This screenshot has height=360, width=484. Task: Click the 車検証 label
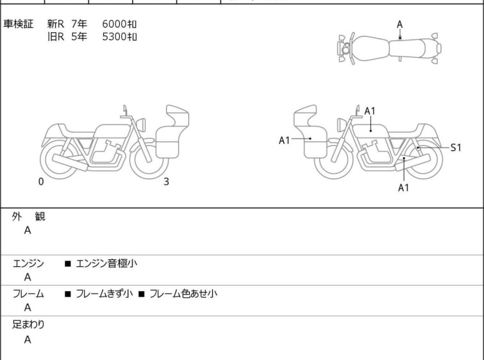18,24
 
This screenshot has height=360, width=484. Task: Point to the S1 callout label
456,148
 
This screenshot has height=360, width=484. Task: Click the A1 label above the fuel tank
370,111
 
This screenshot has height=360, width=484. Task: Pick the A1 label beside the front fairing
284,141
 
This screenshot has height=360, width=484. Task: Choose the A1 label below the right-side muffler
403,187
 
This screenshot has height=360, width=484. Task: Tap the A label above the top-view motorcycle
400,24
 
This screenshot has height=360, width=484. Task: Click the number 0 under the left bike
41,182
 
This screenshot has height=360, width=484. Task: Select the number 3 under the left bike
167,182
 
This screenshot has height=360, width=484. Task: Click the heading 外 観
29,216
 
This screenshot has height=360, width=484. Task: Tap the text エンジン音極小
106,263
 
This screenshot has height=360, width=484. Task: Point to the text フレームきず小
104,293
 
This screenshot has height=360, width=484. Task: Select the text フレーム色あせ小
183,293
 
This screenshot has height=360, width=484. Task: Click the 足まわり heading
28,324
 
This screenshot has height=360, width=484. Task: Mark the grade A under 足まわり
28,339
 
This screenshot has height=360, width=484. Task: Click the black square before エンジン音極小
68,264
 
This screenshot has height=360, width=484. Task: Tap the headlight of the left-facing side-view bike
342,125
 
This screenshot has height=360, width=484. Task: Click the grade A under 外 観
28,230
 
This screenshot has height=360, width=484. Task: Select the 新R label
56,24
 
